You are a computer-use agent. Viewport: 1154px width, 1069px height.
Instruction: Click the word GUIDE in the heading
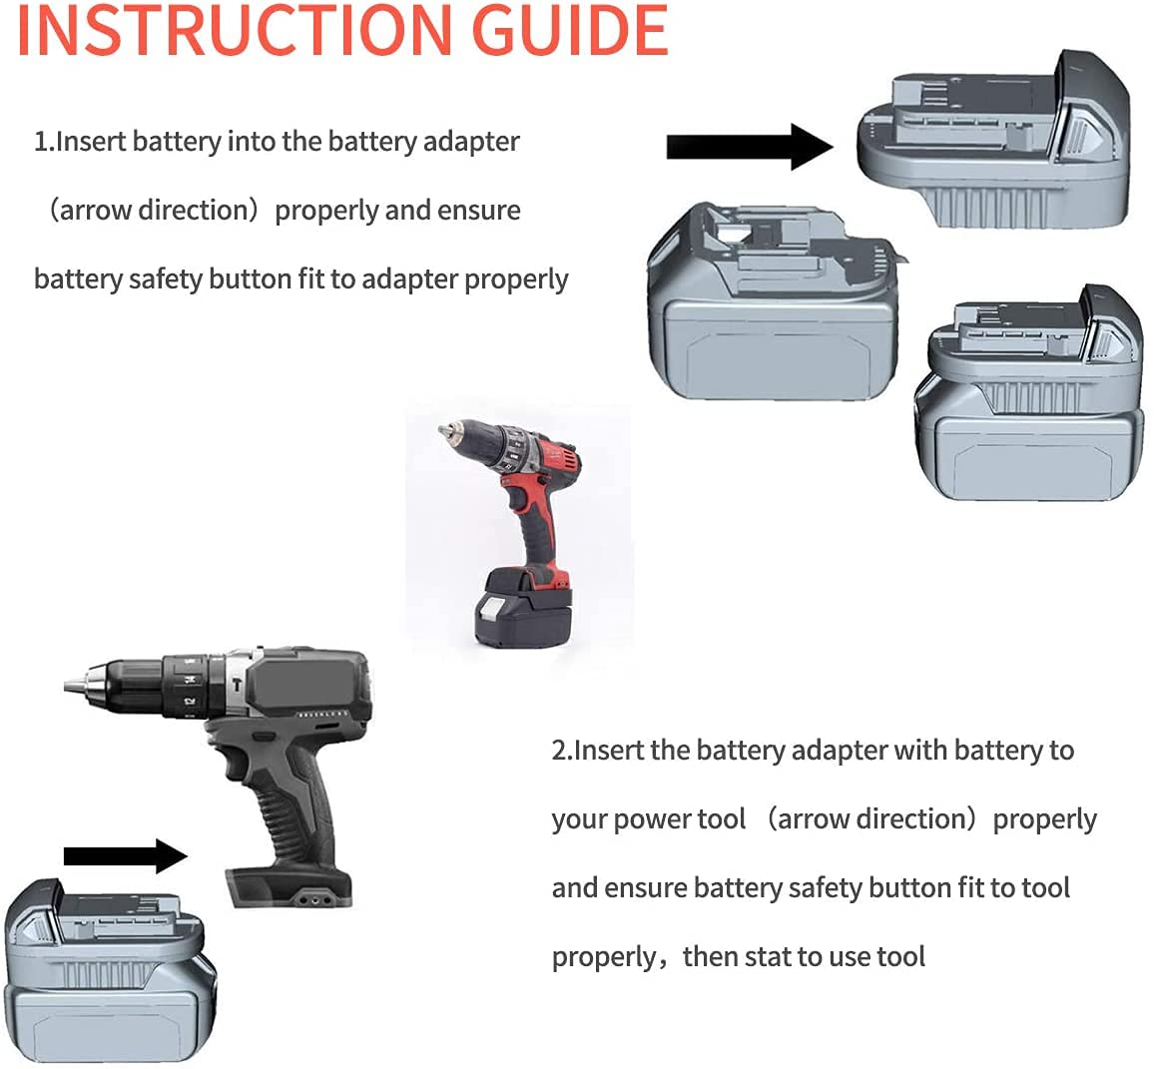tap(569, 30)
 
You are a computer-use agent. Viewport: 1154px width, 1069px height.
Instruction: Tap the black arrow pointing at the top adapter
tap(750, 147)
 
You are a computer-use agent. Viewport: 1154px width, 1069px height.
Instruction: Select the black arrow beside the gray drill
tap(126, 855)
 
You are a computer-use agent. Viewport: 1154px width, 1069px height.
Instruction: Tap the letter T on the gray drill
tap(237, 685)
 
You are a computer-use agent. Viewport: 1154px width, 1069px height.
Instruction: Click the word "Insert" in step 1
tap(91, 142)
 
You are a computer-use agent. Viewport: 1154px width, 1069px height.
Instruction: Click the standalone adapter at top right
tap(993, 140)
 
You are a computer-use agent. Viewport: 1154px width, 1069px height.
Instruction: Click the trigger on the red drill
tap(516, 499)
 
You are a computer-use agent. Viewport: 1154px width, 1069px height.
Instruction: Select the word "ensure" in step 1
tap(479, 211)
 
